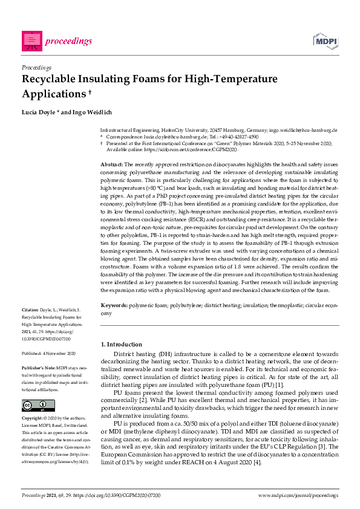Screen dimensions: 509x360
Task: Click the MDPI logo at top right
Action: pos(326,41)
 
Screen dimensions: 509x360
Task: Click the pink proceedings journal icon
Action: pos(31,41)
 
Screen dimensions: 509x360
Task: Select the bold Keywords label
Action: pos(114,306)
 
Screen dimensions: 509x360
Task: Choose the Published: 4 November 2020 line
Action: pos(48,353)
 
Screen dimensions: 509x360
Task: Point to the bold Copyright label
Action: pos(34,418)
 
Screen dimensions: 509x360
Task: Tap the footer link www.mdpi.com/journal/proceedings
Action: pos(298,495)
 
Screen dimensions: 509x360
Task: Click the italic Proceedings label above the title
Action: pos(36,68)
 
